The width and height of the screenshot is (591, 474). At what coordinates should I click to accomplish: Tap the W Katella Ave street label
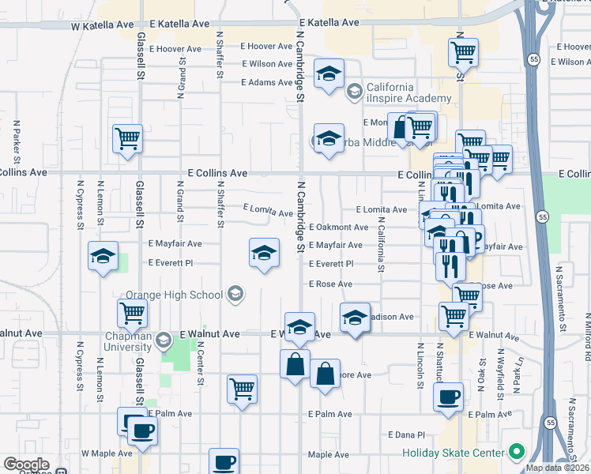point(103,25)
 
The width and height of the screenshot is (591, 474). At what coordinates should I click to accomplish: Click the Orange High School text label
point(174,295)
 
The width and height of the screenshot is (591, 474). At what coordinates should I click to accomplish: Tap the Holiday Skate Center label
point(453,453)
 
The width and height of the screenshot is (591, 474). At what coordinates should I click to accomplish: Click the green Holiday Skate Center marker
point(517,453)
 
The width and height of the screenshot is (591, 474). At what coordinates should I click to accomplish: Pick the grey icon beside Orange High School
point(235,294)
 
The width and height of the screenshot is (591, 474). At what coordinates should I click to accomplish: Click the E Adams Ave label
point(267,82)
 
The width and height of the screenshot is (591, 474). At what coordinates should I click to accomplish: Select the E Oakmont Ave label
point(337,227)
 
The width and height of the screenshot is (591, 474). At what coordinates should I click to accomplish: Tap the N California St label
point(380,245)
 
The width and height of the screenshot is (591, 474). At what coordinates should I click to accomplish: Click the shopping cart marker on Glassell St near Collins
point(127,139)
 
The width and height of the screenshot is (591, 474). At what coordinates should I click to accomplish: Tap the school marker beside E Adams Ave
point(329,74)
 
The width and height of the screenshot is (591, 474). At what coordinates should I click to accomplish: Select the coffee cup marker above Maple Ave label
point(224,462)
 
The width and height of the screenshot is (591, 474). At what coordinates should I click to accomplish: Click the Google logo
point(26,465)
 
